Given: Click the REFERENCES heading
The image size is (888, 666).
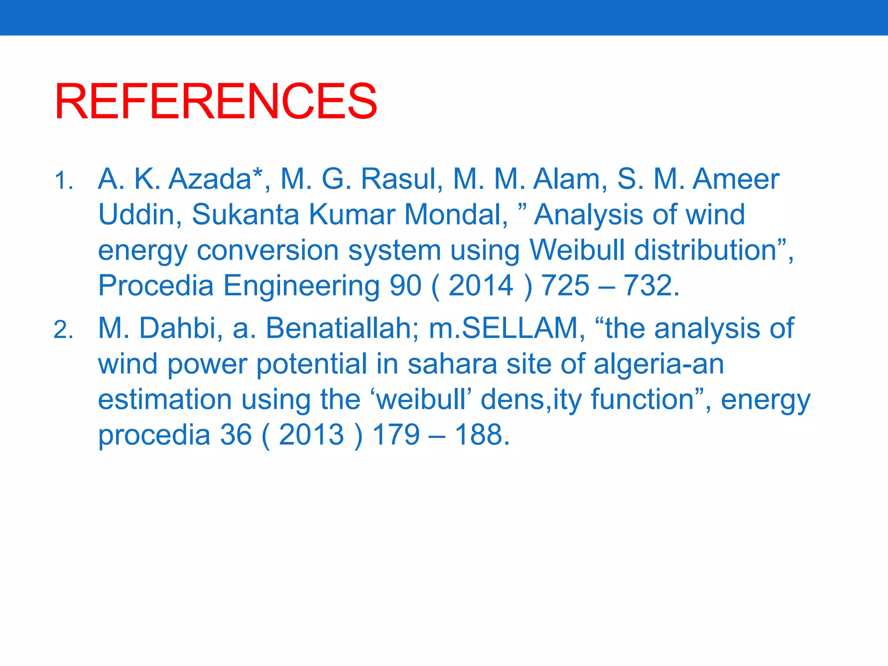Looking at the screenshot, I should pyautogui.click(x=215, y=101).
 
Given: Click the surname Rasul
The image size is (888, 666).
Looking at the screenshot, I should pyautogui.click(x=398, y=179).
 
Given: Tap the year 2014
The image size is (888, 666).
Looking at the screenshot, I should pyautogui.click(x=481, y=286).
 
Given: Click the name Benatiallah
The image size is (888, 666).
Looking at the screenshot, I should pyautogui.click(x=339, y=328).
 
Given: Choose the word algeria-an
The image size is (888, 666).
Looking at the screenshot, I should pyautogui.click(x=658, y=364).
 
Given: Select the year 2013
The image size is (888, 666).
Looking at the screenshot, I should pyautogui.click(x=311, y=435).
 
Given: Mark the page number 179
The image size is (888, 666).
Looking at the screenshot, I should pyautogui.click(x=396, y=435).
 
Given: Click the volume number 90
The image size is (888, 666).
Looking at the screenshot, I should pyautogui.click(x=405, y=286).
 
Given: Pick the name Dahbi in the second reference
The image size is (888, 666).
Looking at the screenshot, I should pyautogui.click(x=177, y=328).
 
